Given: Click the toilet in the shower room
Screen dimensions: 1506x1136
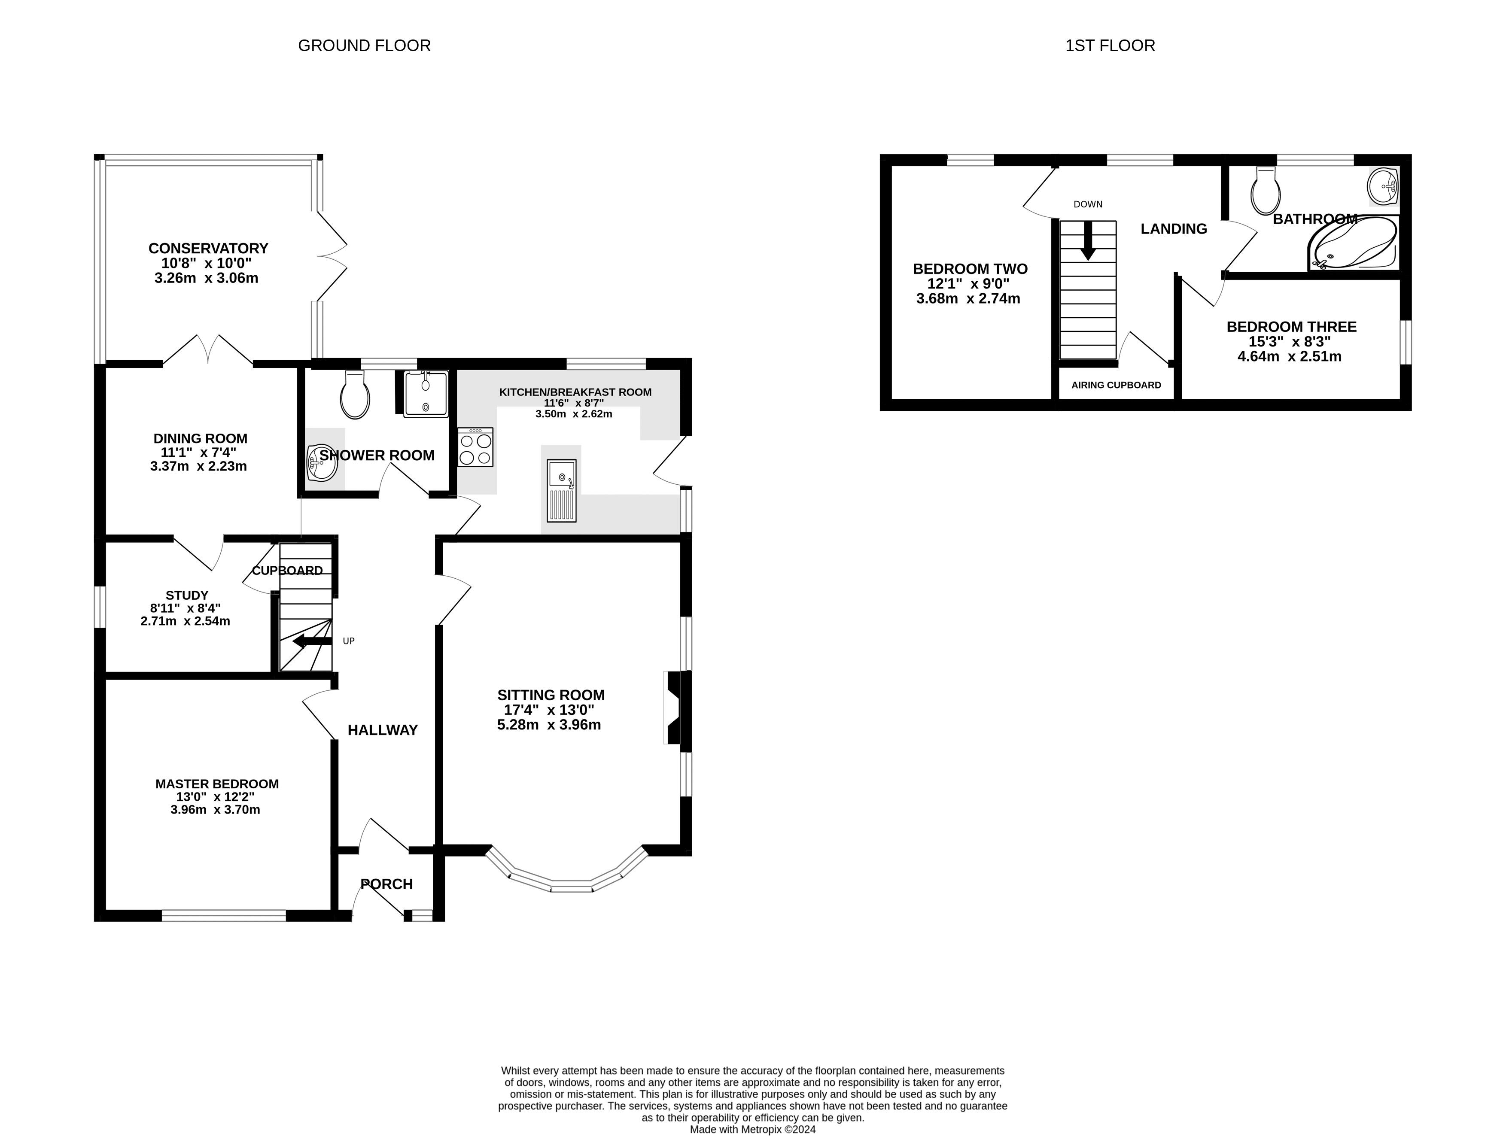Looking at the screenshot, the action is click(x=356, y=395).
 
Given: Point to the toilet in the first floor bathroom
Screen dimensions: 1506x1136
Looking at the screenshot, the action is click(x=1266, y=191).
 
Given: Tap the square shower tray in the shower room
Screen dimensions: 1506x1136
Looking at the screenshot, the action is click(x=426, y=394).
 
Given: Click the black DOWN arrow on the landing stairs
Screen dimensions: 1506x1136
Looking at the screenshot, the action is click(x=1088, y=241).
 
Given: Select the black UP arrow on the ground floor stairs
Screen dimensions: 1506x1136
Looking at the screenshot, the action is click(x=312, y=641).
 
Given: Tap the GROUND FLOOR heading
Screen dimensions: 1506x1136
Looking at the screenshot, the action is click(x=364, y=46).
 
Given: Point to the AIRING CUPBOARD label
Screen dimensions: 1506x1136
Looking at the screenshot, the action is click(x=1116, y=385).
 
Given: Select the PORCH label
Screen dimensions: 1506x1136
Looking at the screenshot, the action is click(x=387, y=884).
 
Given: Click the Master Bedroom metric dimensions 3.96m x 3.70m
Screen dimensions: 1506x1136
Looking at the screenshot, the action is click(x=215, y=810).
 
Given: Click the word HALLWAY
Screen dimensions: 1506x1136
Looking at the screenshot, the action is click(x=383, y=730).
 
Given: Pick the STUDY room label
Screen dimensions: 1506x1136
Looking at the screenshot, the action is click(x=186, y=595).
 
